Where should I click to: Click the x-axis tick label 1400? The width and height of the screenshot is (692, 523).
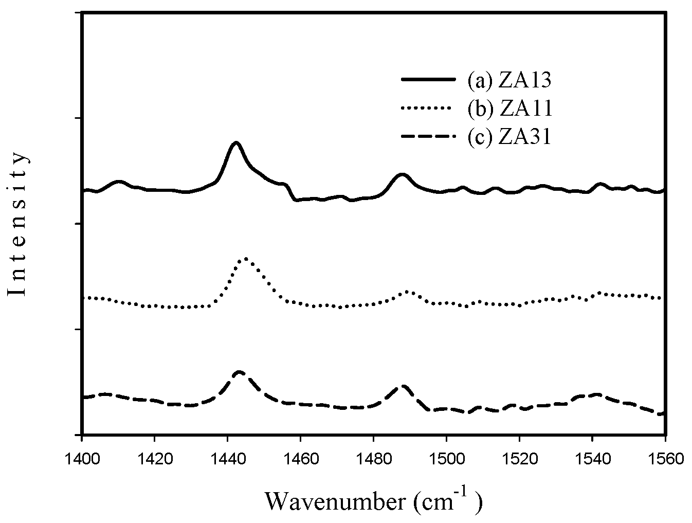[82, 458]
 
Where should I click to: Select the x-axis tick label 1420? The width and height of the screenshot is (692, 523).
[154, 458]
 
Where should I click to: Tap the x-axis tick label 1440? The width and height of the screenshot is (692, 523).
[227, 458]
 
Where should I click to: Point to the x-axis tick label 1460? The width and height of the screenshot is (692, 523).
[300, 458]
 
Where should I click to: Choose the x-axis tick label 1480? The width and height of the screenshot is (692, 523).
[373, 458]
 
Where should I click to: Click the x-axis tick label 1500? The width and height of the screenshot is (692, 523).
[446, 458]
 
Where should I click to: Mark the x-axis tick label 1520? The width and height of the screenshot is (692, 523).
[519, 458]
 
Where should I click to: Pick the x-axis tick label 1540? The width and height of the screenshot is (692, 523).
[592, 458]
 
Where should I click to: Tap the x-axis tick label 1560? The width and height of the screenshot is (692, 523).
[665, 458]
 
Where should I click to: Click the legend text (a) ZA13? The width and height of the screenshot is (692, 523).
[509, 80]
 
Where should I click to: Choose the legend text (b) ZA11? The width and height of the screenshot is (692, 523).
[509, 109]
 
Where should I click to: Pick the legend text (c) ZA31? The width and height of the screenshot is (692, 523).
[509, 137]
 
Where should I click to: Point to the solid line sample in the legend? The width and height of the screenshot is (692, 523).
[428, 80]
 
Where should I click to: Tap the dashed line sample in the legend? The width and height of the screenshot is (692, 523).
[428, 137]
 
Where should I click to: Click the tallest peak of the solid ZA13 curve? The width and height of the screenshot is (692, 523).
[236, 142]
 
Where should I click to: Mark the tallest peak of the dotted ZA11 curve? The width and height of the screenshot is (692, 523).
[246, 259]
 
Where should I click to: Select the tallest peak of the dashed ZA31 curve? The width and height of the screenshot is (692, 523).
[239, 371]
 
